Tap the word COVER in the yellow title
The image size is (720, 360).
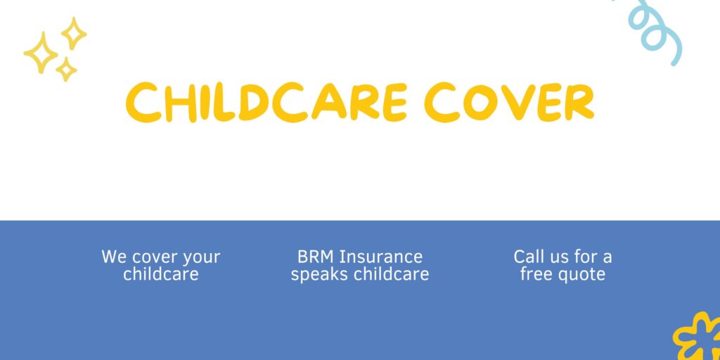(x=511, y=103)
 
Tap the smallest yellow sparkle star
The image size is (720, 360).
(x=66, y=70)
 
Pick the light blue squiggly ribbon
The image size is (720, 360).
(x=655, y=30)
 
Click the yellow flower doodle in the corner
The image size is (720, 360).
(x=697, y=338)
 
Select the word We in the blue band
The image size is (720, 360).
(x=114, y=257)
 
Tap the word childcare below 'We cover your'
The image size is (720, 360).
(x=161, y=274)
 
